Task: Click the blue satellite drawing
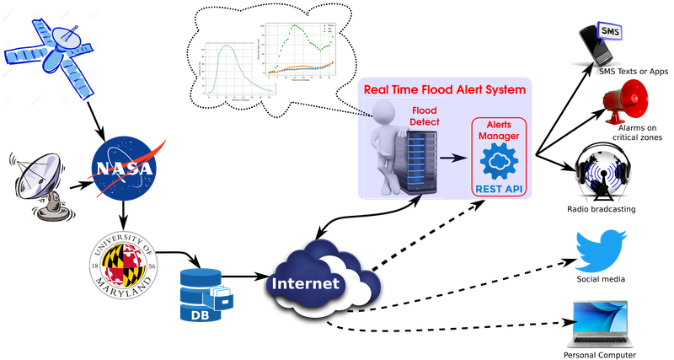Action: [x=55, y=55]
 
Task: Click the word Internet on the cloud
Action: [x=305, y=283]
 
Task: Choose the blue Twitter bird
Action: [x=601, y=248]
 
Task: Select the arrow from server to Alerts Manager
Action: [x=454, y=158]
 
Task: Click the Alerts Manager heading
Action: [x=500, y=129]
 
